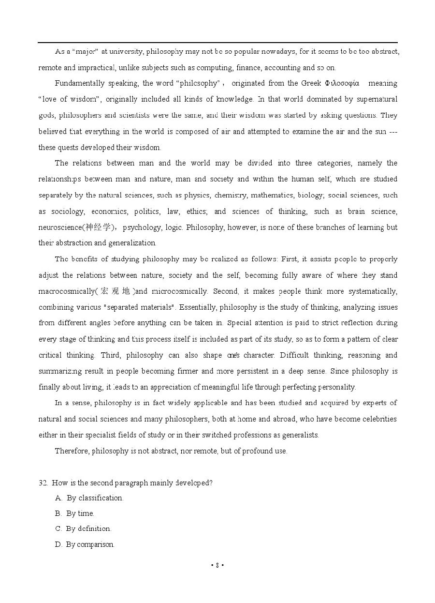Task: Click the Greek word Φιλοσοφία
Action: pos(342,83)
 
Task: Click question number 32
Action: pos(43,483)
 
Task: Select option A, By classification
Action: pos(90,498)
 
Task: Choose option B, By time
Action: pos(75,513)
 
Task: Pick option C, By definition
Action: pos(83,529)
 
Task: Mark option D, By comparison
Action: pos(85,544)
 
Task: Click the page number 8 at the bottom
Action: pos(217,565)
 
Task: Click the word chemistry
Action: pos(230,196)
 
